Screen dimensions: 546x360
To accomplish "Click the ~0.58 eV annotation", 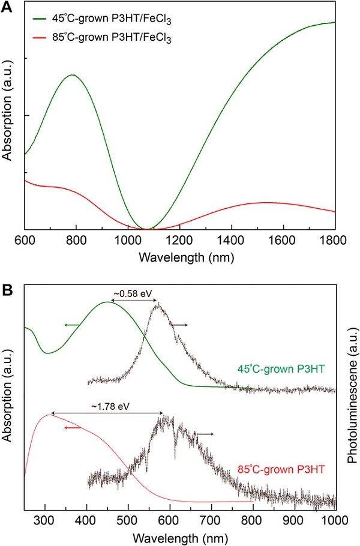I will point(132,293).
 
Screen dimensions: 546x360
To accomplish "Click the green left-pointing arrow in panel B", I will point(73,325).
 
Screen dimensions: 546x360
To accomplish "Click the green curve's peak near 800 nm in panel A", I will point(72,75).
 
